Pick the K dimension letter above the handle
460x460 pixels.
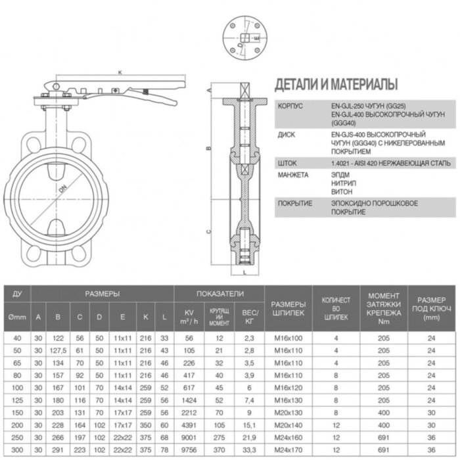[x=120, y=72]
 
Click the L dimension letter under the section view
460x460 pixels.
[x=243, y=270]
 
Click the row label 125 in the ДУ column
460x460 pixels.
[x=18, y=400]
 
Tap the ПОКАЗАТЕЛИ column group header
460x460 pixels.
[x=219, y=293]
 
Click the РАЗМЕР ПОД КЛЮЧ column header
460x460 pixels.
[x=431, y=306]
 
